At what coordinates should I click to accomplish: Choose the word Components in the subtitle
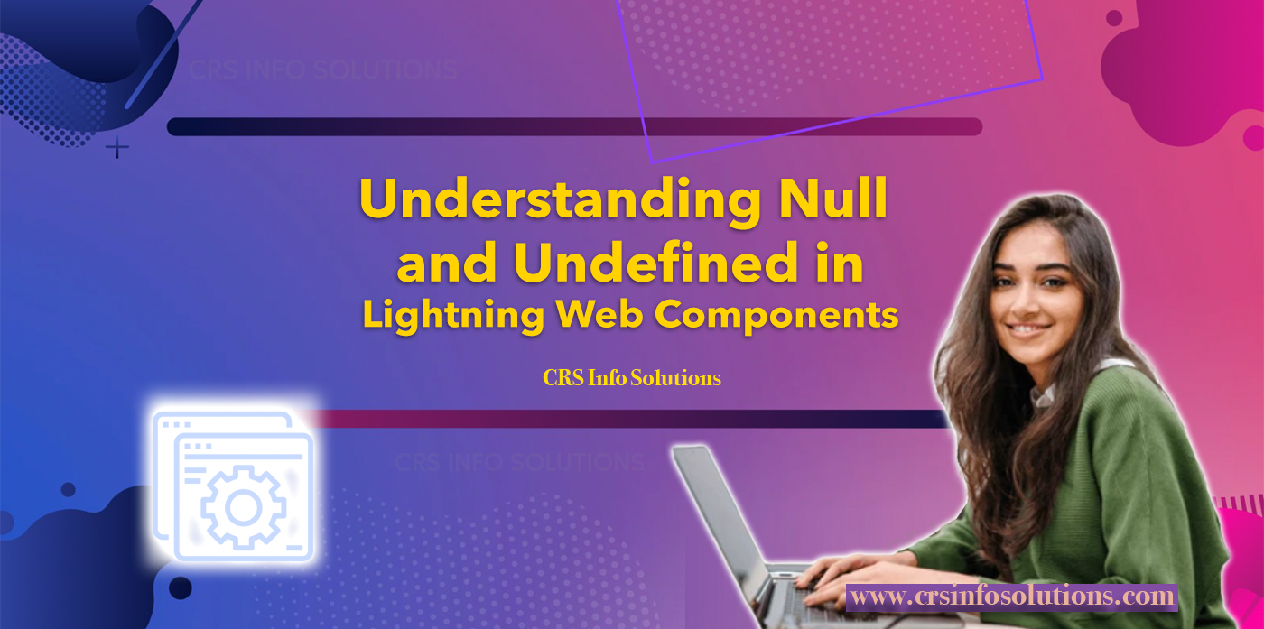pos(776,316)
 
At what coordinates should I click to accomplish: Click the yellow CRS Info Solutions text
pos(632,378)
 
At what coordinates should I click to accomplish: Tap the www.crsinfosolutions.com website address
pos(1012,597)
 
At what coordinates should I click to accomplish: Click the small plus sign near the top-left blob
pos(117,147)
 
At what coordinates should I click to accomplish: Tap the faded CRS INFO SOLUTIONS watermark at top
pos(323,70)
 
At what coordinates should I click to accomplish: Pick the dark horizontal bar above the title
pos(574,126)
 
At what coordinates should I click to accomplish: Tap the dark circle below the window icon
pos(180,587)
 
